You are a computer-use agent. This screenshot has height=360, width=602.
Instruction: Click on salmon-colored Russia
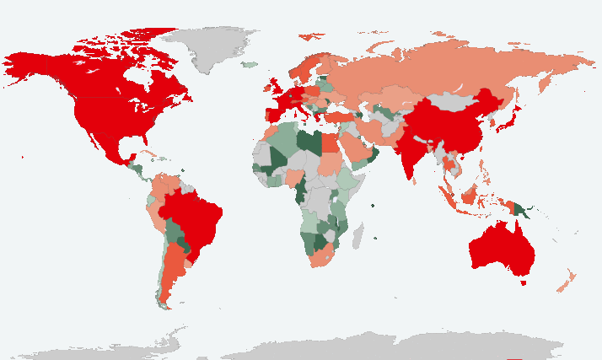click(438, 72)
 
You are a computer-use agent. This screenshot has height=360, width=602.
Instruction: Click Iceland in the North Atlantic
click(250, 64)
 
